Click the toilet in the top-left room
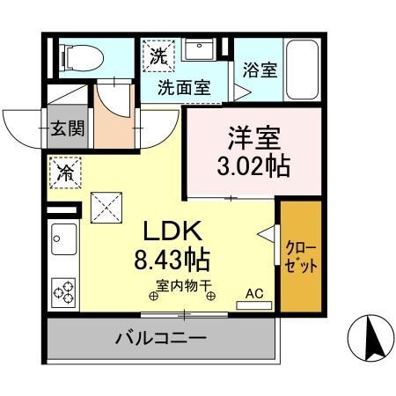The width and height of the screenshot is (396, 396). coord(80,58)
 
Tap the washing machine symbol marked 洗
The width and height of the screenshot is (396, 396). coord(158,56)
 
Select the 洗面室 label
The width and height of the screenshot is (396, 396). coord(183,88)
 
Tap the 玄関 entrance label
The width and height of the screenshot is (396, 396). coord(67,128)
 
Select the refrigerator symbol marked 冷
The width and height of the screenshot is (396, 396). coord(66,172)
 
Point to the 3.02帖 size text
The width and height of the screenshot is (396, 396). coord(254,166)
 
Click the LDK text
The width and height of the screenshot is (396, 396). coord(174,231)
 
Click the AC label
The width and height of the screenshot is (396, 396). coord(253,294)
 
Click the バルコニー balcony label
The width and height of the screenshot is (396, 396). coord(160,338)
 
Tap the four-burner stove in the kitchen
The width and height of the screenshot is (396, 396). coord(64,290)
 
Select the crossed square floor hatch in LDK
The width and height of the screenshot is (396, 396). coord(106,208)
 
